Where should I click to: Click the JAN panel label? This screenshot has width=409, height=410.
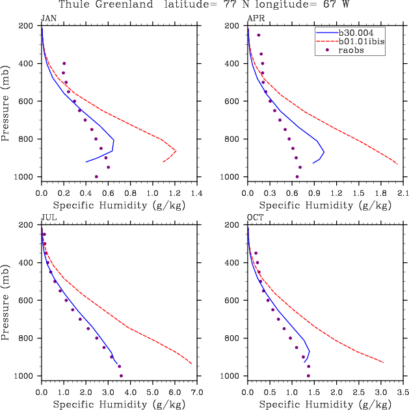point(47,18)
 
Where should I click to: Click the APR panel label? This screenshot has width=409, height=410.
point(255,18)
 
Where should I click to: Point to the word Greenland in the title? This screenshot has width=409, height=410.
point(124,5)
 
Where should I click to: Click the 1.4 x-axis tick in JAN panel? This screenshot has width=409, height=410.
point(197,193)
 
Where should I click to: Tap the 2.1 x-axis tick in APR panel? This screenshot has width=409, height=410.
point(402,193)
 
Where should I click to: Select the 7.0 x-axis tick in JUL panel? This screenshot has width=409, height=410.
point(197,392)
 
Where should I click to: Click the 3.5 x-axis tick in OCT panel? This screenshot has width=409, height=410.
point(402,392)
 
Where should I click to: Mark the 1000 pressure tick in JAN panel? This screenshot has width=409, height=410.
point(25,177)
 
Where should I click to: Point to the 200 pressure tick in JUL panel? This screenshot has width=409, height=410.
point(27,225)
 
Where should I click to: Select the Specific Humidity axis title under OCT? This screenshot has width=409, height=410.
point(326,403)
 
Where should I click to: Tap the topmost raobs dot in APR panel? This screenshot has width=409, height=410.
point(258,35)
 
